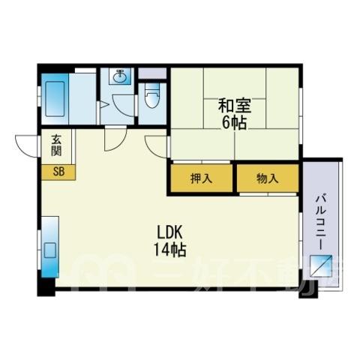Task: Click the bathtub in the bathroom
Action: coord(55,99)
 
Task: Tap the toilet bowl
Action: coord(152,96)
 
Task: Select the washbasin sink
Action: coord(120,76)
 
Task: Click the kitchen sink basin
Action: coord(50,250)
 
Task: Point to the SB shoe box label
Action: coord(59,172)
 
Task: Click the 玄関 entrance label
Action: coord(56,145)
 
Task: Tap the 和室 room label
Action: coord(235,106)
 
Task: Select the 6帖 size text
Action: coord(235,123)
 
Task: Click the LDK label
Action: coord(170,232)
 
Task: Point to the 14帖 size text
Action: coord(170,250)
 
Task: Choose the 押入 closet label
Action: coord(202,178)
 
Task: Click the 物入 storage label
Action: coord(268,178)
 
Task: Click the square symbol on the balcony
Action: coord(321,265)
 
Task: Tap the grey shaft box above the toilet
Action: coord(152,73)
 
